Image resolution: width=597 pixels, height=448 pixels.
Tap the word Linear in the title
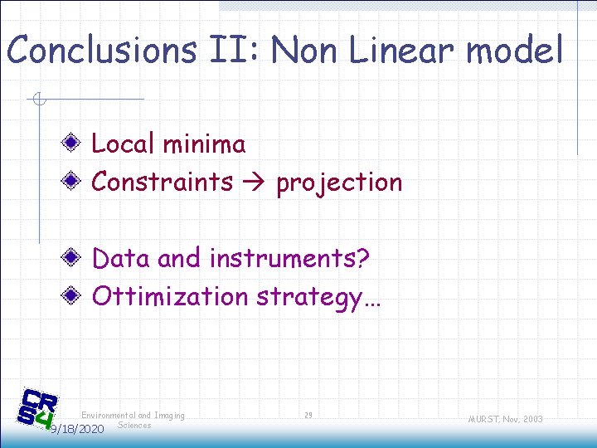click(405, 50)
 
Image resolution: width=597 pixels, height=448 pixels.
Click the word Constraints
click(162, 182)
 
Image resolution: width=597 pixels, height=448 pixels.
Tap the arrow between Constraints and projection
click(255, 183)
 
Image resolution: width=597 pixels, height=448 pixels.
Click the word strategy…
click(318, 297)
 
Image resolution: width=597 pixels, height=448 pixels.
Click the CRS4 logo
click(38, 409)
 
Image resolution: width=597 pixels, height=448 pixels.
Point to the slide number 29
click(308, 415)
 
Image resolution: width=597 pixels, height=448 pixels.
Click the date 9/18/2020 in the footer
click(76, 429)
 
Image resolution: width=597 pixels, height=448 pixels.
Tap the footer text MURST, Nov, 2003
click(504, 419)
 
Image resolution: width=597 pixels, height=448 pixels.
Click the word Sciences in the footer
click(134, 425)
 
